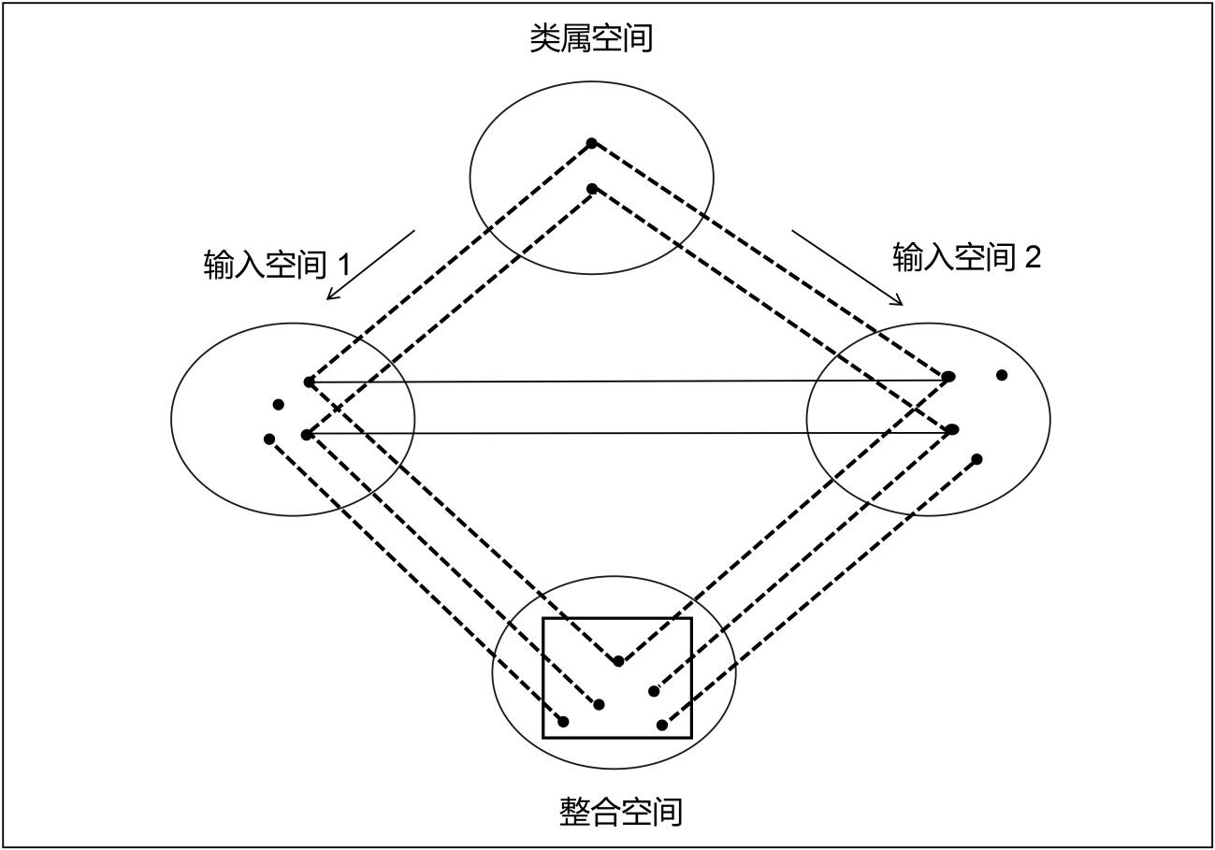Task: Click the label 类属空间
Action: click(x=590, y=39)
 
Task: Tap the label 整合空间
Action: click(x=621, y=811)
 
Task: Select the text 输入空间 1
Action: click(x=277, y=265)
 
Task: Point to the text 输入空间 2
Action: click(x=966, y=257)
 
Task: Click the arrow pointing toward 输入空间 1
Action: click(x=370, y=266)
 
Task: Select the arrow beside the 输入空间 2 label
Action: click(x=847, y=267)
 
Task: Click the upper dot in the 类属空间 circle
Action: click(x=591, y=143)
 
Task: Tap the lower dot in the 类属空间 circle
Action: click(x=591, y=189)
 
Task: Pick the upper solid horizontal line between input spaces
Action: click(x=627, y=381)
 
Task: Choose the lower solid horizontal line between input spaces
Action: click(x=627, y=433)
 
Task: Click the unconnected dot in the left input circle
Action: click(x=278, y=405)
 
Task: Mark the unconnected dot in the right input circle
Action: click(x=1002, y=375)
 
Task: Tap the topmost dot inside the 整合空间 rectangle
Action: click(x=618, y=662)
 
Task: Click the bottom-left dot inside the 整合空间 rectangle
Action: click(x=563, y=721)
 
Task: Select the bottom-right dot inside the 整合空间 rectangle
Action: click(x=662, y=725)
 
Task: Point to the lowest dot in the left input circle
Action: click(x=269, y=439)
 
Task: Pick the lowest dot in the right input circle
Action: click(x=977, y=459)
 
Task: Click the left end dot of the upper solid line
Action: click(x=309, y=382)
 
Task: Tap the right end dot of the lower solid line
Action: click(x=952, y=429)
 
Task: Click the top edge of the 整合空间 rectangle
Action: click(x=617, y=618)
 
